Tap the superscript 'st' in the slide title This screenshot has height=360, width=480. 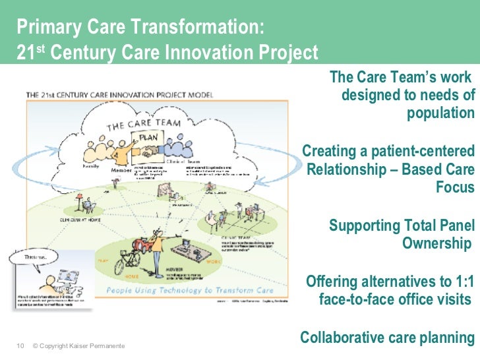pos(39,47)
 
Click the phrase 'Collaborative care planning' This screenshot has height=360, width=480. pos(388,338)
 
